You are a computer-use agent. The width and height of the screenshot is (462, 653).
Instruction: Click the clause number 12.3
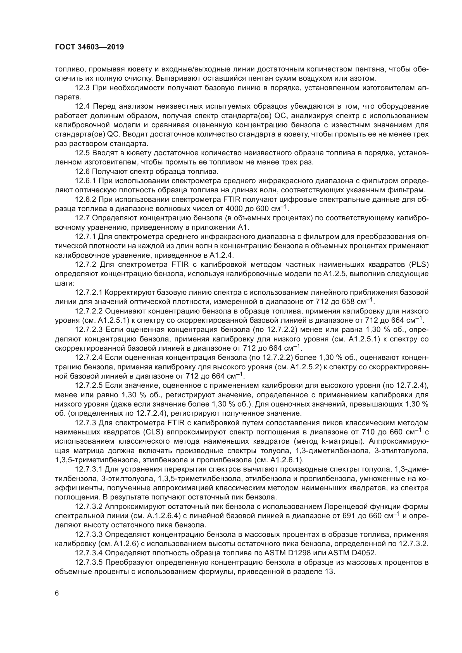(x=82, y=88)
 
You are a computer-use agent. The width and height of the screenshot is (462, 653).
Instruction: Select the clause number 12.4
(x=82, y=106)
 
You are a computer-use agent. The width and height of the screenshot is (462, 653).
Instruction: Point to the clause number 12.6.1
(x=87, y=181)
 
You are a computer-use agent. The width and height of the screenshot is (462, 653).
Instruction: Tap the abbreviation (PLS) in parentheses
(x=419, y=264)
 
